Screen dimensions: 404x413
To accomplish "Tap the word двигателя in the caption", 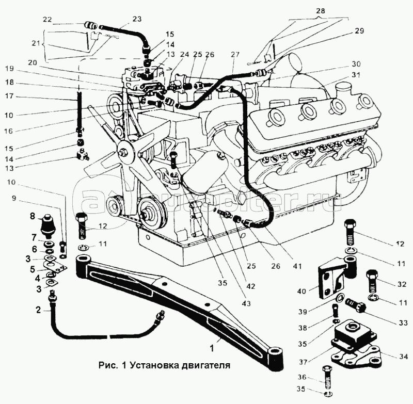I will [x=203, y=364].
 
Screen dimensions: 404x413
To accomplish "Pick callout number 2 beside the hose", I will [x=38, y=310].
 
